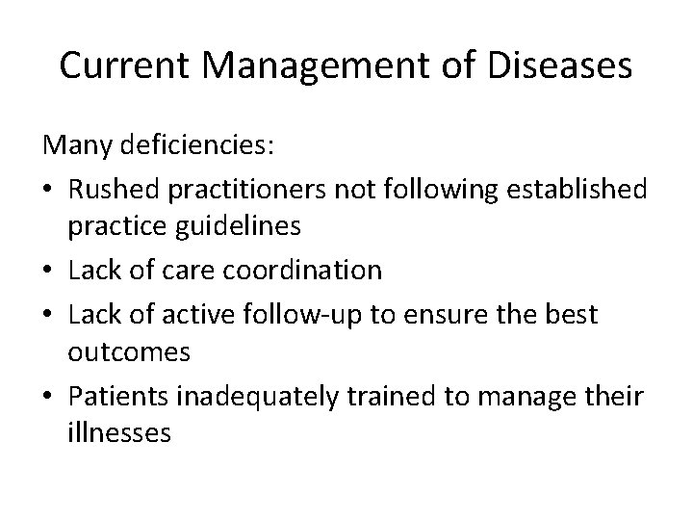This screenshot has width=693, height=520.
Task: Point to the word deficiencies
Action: pos(206,146)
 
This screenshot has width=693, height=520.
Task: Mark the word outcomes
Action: pos(130,352)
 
